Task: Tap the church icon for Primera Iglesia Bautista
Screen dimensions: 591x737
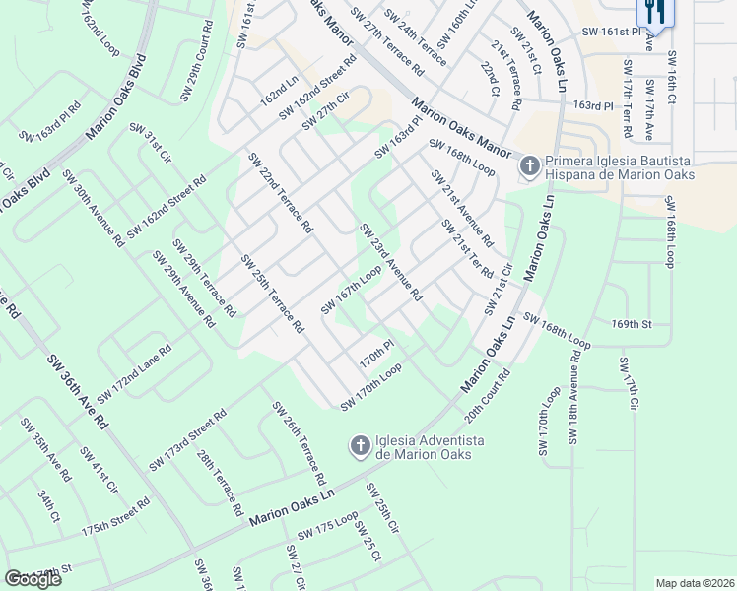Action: pyautogui.click(x=529, y=166)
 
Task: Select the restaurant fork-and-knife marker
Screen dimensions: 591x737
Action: pyautogui.click(x=653, y=12)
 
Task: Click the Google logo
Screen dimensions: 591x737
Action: pyautogui.click(x=33, y=579)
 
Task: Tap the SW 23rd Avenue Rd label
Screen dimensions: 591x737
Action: pyautogui.click(x=391, y=263)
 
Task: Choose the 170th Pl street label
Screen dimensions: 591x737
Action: pyautogui.click(x=376, y=355)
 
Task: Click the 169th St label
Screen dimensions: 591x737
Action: pyautogui.click(x=633, y=323)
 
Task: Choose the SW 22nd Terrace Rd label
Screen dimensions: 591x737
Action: pyautogui.click(x=281, y=192)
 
